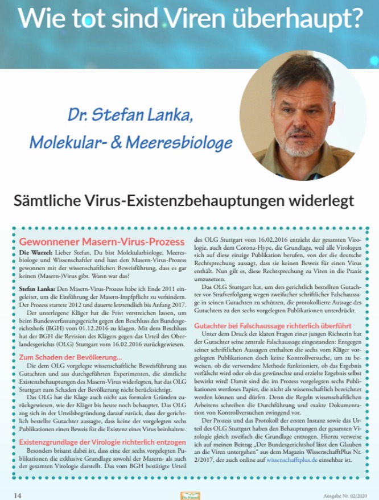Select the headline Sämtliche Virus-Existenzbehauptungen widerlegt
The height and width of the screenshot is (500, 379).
coord(183,200)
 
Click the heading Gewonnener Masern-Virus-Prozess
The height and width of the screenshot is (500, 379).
coord(102,242)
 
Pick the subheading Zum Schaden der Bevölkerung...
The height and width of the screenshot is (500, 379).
coord(71,357)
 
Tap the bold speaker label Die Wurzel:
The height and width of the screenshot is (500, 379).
coord(36,251)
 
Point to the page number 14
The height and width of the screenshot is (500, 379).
coord(17,495)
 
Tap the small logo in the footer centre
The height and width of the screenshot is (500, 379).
coord(189,495)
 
